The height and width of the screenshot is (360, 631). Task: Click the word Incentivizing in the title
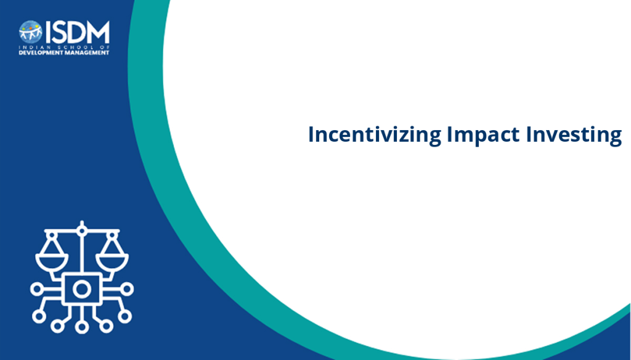374,135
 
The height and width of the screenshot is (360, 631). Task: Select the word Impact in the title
483,135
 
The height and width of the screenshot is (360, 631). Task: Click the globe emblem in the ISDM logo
31,32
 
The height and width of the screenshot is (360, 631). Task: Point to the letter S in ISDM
59,32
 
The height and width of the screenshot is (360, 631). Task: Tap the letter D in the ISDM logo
77,32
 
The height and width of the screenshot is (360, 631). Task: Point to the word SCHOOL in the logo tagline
71,47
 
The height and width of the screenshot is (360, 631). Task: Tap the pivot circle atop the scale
82,231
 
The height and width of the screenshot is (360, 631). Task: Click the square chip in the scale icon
82,288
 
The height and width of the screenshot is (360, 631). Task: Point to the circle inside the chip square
82,289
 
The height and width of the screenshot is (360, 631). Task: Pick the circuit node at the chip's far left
36,289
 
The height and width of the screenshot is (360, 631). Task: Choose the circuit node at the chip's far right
127,289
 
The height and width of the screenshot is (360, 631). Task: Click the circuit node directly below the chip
82,327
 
